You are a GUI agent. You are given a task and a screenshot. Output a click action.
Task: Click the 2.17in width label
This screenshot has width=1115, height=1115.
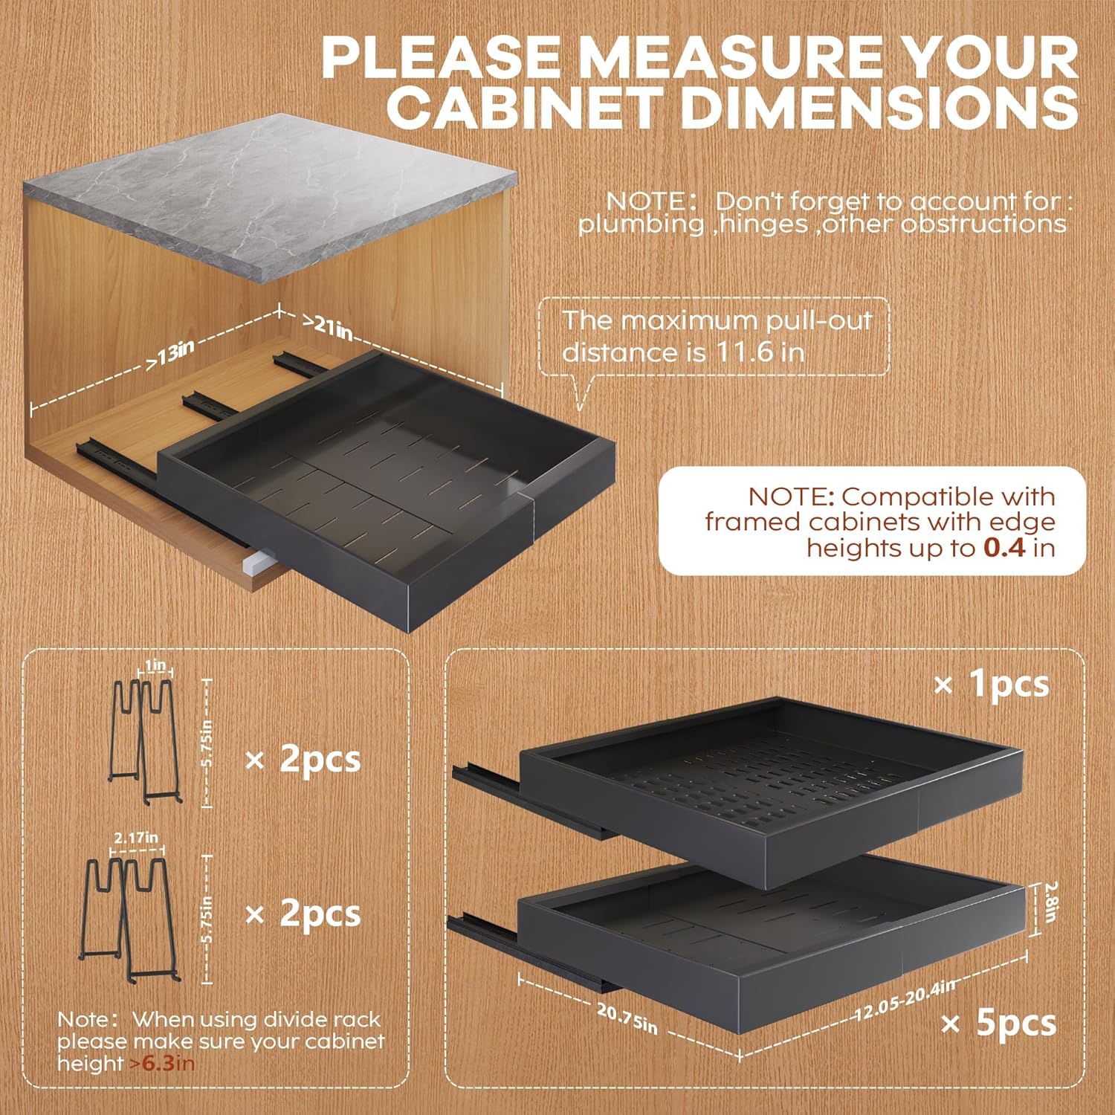(x=136, y=837)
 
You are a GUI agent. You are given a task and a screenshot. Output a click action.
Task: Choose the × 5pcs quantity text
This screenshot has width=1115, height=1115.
(x=998, y=1024)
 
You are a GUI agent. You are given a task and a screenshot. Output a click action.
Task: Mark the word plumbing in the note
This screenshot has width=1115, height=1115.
(x=641, y=224)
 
